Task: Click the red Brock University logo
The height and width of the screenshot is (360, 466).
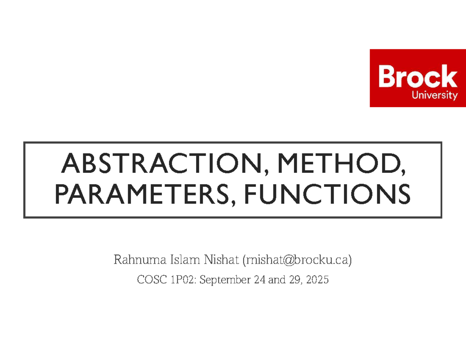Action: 417,78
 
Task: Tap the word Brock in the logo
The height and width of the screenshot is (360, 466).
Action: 417,77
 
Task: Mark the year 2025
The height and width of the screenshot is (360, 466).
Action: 317,279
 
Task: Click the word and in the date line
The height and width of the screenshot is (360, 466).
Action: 276,279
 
